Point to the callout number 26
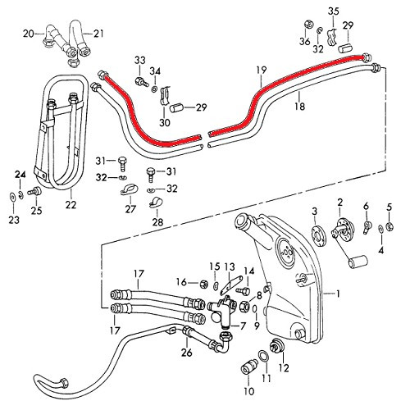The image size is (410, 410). [x=186, y=354]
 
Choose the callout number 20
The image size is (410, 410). [x=28, y=34]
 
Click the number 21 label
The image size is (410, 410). [x=98, y=34]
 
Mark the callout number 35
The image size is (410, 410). [x=332, y=11]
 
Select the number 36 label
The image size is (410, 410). [x=304, y=42]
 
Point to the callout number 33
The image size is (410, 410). [x=139, y=60]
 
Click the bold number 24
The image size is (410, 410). [x=20, y=174]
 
